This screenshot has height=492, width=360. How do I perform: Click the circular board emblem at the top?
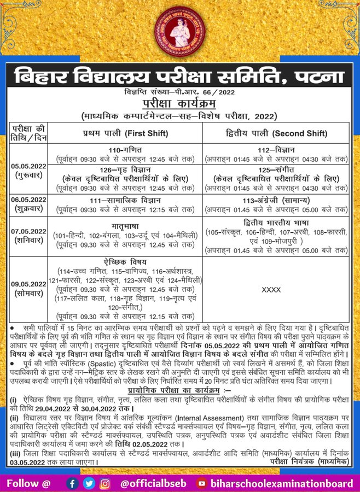pyautogui.click(x=181, y=30)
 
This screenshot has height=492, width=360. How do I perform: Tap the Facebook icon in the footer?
pyautogui.click(x=72, y=483)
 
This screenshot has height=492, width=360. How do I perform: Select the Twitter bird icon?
pyautogui.click(x=89, y=483)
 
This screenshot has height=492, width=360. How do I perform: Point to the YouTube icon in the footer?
pyautogui.click(x=202, y=483)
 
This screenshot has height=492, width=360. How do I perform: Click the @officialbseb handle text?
pyautogui.click(x=154, y=483)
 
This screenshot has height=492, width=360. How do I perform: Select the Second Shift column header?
pyautogui.click(x=277, y=133)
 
